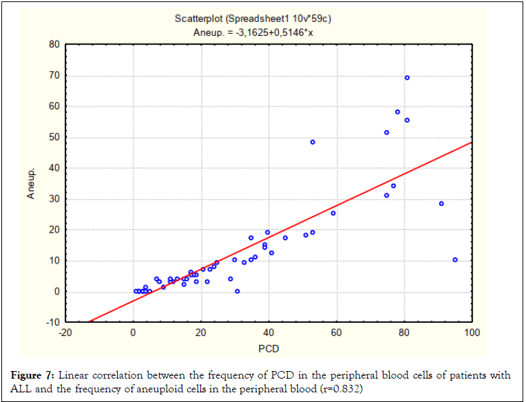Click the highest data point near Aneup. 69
click(x=407, y=78)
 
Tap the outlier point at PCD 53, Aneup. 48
click(x=313, y=142)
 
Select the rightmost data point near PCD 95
click(x=455, y=260)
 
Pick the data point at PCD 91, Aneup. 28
click(x=441, y=204)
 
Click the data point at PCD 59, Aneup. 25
click(x=333, y=213)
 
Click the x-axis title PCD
click(x=269, y=348)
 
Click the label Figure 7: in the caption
click(x=34, y=376)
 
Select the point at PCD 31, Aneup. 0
click(x=238, y=291)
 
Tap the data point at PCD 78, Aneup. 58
click(x=397, y=112)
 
